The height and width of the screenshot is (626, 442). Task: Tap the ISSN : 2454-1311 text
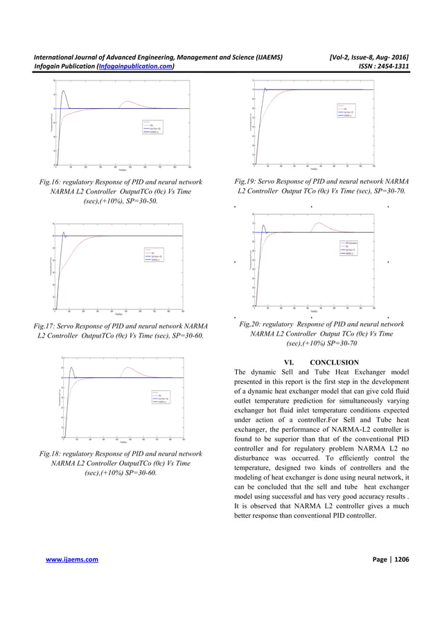[381, 67]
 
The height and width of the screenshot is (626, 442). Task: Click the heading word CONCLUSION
[334, 362]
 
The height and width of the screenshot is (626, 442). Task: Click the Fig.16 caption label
[53, 182]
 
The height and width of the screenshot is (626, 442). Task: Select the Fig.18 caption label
[52, 454]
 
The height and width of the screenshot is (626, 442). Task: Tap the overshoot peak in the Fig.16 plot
[64, 91]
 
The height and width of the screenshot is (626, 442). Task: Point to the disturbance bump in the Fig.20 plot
[319, 223]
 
